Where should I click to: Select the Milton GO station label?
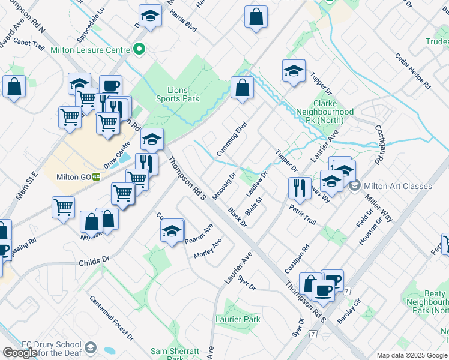pyautogui.click(x=74, y=176)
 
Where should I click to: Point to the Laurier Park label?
pyautogui.click(x=238, y=320)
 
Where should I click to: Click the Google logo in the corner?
pyautogui.click(x=20, y=352)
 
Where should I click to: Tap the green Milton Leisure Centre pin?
pyautogui.click(x=140, y=49)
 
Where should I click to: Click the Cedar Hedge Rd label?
pyautogui.click(x=413, y=71)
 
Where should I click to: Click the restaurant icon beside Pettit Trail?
pyautogui.click(x=299, y=187)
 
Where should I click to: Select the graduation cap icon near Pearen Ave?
pyautogui.click(x=172, y=230)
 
